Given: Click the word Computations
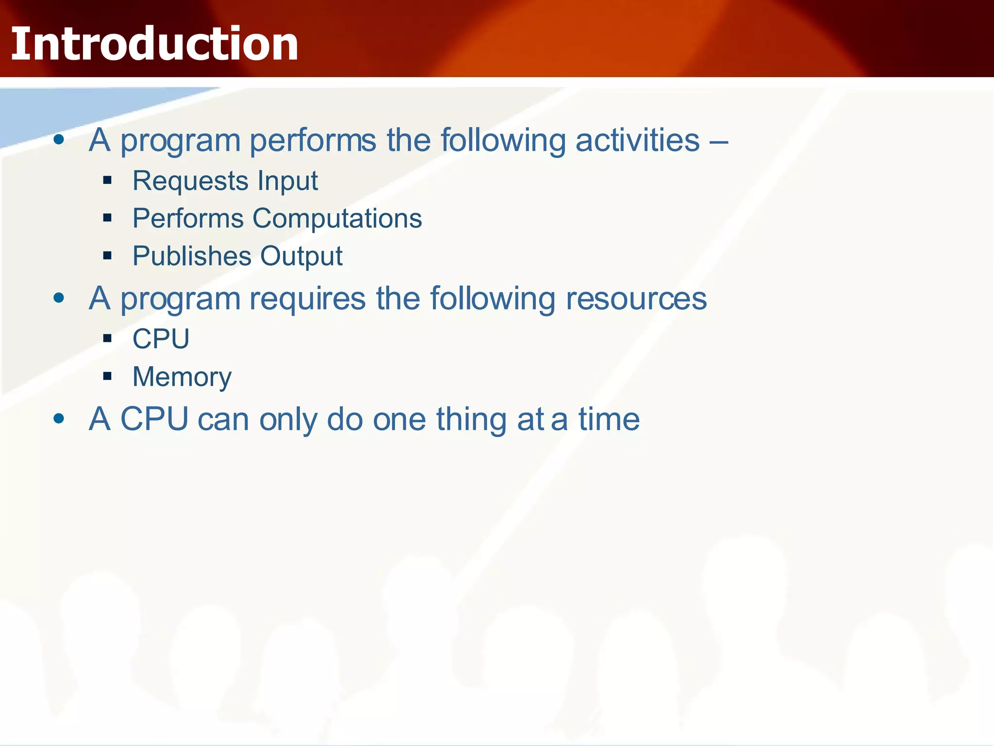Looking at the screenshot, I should pyautogui.click(x=337, y=219).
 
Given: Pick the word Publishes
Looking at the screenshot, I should pyautogui.click(x=192, y=256).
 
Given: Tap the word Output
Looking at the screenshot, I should pyautogui.click(x=301, y=257).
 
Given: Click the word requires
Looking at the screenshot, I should pyautogui.click(x=307, y=299).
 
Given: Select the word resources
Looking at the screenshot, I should pyautogui.click(x=636, y=299).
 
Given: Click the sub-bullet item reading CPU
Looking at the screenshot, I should pyautogui.click(x=161, y=339).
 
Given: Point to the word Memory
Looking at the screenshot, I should pyautogui.click(x=182, y=377).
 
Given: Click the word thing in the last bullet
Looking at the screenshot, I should pyautogui.click(x=471, y=419).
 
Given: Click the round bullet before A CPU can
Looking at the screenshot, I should pyautogui.click(x=59, y=418).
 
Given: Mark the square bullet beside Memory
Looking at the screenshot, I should pyautogui.click(x=107, y=376).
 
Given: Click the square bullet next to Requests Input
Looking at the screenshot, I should pyautogui.click(x=107, y=181).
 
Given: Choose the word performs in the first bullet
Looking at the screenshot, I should pyautogui.click(x=313, y=141).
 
